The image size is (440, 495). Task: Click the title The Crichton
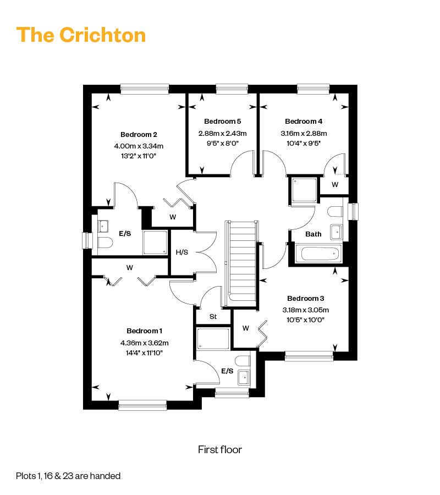[x=81, y=35]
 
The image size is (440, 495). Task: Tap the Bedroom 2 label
[x=139, y=135]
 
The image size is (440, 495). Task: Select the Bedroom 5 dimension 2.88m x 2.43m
[x=222, y=133]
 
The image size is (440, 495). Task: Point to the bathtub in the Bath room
[x=318, y=254]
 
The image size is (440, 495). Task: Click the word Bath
[x=313, y=234]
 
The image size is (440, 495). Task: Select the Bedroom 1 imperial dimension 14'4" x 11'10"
[x=145, y=353]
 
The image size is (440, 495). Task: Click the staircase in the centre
[x=243, y=258]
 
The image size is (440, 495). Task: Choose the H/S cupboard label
[x=182, y=252]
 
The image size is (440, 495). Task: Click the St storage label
[x=213, y=317]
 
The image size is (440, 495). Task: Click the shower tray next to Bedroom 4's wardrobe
[x=304, y=190]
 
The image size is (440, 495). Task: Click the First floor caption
[x=220, y=450]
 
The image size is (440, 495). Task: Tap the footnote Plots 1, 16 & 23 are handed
[x=68, y=476]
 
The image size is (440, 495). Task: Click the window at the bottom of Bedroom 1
[x=142, y=405]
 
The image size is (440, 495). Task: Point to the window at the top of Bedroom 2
[x=145, y=88]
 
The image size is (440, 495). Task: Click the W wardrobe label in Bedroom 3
[x=246, y=328]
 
